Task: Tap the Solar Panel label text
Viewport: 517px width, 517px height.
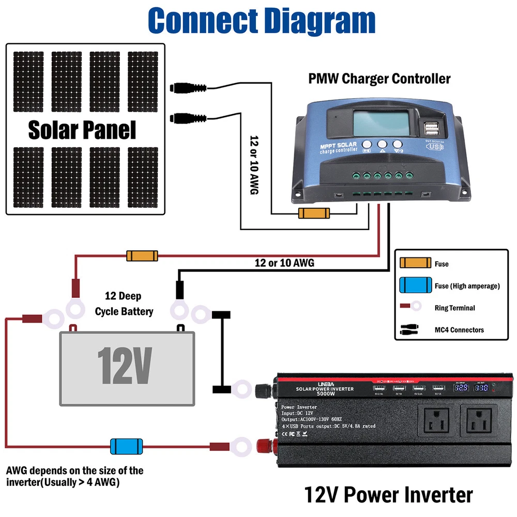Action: tap(82, 130)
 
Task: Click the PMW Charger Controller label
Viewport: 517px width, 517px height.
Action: tap(379, 79)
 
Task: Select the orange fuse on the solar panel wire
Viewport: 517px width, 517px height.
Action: tap(314, 213)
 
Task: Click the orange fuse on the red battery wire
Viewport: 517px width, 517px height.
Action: tap(143, 255)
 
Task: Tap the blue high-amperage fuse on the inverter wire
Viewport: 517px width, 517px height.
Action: tap(126, 446)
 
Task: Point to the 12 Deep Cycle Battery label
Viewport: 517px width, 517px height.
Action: tap(124, 303)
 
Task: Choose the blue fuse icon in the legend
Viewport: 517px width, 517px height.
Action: tap(415, 285)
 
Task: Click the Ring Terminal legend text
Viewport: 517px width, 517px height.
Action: tap(454, 308)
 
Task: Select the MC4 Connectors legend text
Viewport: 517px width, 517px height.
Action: tap(459, 330)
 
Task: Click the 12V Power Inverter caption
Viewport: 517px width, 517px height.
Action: tap(388, 495)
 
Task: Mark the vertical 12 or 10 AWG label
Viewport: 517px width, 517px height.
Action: tap(254, 165)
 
